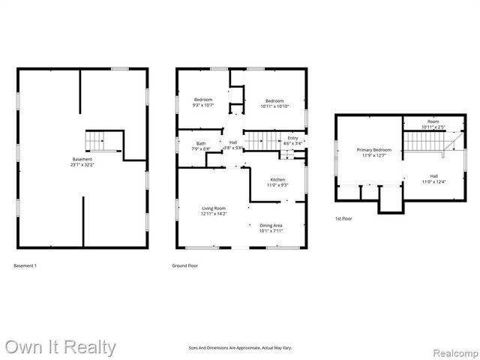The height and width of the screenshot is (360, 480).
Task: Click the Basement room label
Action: (x=82, y=161)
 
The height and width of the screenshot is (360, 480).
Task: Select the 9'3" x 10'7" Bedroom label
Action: (x=203, y=103)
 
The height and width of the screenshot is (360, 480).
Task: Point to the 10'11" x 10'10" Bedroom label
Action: (x=274, y=103)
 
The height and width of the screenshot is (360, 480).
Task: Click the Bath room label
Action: (x=201, y=145)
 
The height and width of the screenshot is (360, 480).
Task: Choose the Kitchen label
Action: (x=277, y=182)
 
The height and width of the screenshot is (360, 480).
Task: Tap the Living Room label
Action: (x=213, y=211)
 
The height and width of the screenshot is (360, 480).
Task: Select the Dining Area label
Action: (x=271, y=228)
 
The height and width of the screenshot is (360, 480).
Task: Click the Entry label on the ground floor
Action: (x=292, y=140)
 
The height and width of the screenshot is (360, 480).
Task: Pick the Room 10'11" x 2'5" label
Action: (x=433, y=124)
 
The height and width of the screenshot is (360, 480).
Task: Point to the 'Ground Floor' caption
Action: (x=184, y=266)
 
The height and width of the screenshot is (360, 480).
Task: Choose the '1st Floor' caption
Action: (x=343, y=218)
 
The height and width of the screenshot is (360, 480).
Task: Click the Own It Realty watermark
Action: (x=60, y=347)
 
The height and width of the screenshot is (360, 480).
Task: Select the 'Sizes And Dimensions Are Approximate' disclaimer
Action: (x=240, y=348)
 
